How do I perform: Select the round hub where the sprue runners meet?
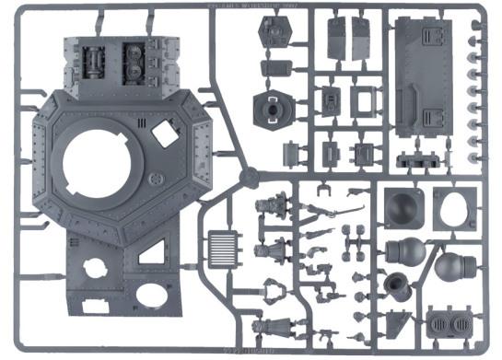[246, 176]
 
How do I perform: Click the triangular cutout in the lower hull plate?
[154, 252]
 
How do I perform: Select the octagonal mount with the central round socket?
[275, 107]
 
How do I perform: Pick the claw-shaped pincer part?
[274, 290]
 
